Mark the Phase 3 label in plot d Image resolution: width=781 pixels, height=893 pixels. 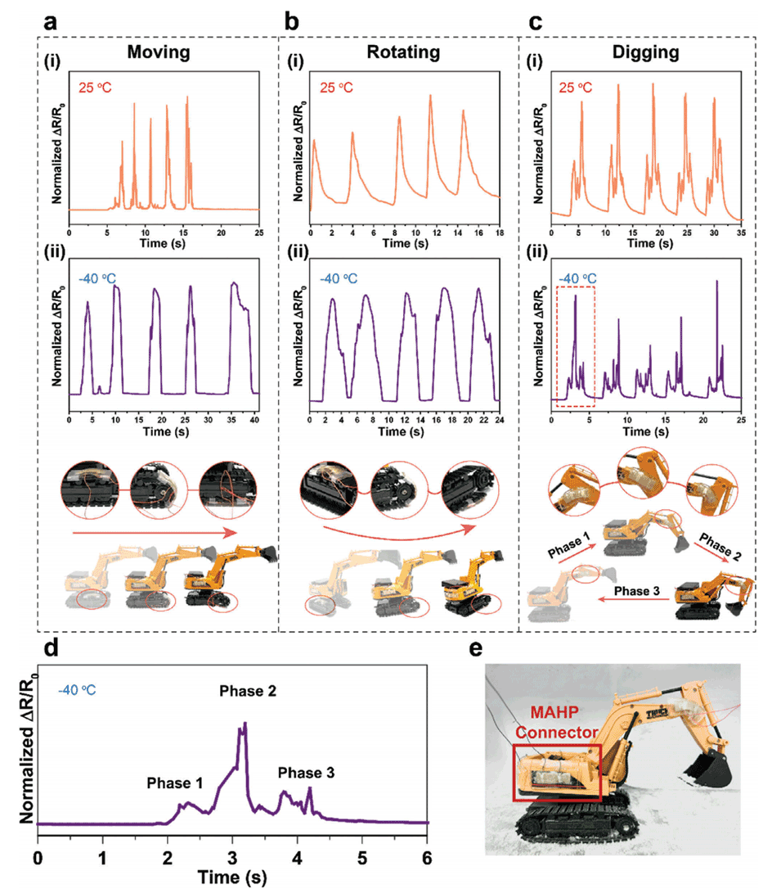click(306, 772)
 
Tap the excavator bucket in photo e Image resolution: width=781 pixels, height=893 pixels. click(706, 767)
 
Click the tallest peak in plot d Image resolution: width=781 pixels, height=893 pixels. click(245, 724)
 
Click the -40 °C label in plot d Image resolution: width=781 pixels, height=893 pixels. click(77, 690)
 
